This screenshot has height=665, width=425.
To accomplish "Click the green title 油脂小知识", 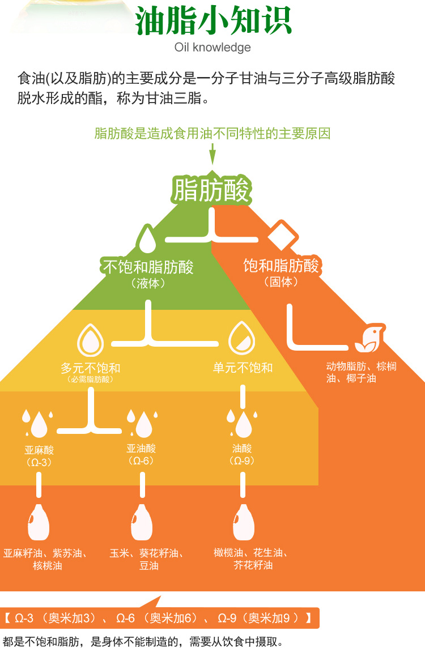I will (x=213, y=21).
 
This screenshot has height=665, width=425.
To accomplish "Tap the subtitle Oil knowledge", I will (x=212, y=47).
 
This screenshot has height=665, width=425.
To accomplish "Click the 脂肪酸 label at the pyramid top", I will (x=211, y=189).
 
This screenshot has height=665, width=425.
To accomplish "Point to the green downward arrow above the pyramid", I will (x=212, y=155).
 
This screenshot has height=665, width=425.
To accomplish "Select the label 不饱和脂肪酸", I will (x=148, y=267).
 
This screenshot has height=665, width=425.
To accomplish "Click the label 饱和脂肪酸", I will (x=281, y=265).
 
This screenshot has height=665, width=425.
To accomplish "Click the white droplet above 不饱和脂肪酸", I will (x=147, y=239).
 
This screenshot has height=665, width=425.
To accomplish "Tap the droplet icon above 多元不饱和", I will (x=91, y=340).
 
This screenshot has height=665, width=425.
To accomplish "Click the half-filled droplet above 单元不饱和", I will (x=242, y=339).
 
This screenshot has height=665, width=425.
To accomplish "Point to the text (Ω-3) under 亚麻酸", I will (x=39, y=462).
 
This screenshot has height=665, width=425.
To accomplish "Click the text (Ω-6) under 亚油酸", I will (x=141, y=461).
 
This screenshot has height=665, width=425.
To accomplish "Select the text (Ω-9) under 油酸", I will (x=242, y=461).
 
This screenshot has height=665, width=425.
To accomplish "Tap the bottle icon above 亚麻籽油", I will (x=39, y=522).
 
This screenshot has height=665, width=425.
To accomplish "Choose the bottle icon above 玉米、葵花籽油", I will (x=141, y=522).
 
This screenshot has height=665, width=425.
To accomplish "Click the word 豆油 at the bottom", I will (x=148, y=565).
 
